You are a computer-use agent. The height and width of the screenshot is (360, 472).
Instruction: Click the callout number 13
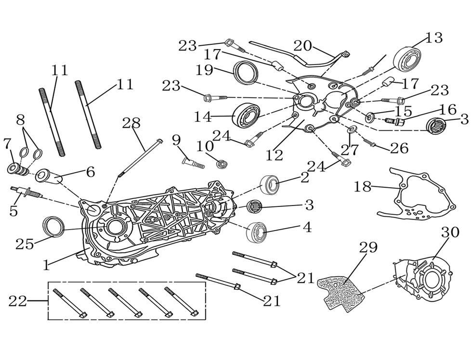(x=434, y=38)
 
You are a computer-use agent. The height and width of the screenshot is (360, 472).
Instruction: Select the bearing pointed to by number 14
(x=247, y=116)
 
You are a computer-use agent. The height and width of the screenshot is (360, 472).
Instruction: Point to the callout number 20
(x=303, y=46)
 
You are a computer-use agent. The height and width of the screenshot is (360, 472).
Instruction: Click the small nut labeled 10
(x=222, y=164)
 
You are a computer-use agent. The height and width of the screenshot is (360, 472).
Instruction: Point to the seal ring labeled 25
(x=53, y=226)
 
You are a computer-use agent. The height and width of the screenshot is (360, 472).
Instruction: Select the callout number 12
(x=275, y=155)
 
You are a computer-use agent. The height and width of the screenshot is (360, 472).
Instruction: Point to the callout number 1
(x=46, y=265)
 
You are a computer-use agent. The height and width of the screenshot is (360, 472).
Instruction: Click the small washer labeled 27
(x=351, y=129)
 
